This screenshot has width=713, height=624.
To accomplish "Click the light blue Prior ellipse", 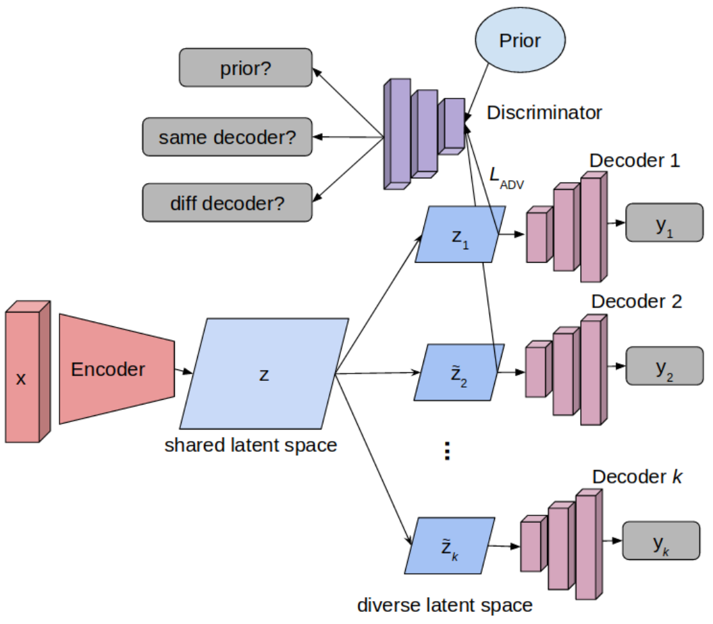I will (x=520, y=41).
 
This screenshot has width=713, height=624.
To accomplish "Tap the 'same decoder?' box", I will (x=228, y=137).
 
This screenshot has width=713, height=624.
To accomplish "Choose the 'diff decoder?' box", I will (x=228, y=201).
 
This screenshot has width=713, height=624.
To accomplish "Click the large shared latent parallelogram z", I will (x=264, y=374).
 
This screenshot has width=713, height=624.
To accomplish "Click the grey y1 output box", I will (x=664, y=222).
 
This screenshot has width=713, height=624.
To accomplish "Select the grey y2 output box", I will (x=664, y=367).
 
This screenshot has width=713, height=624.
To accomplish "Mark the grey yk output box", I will (x=660, y=542).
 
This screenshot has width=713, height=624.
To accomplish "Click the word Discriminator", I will (x=544, y=112).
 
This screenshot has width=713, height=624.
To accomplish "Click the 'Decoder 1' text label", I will (x=634, y=161).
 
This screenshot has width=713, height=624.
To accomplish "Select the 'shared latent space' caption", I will (x=250, y=445).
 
